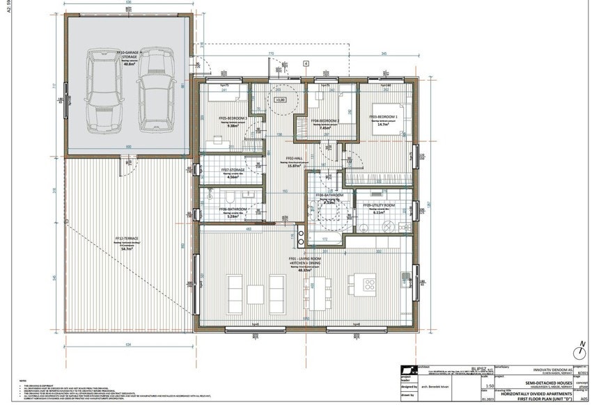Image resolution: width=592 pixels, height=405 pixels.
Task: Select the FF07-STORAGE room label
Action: point(233,170)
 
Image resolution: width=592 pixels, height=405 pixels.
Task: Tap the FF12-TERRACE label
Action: point(126,239)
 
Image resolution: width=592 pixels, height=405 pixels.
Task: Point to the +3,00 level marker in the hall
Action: point(281,100)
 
